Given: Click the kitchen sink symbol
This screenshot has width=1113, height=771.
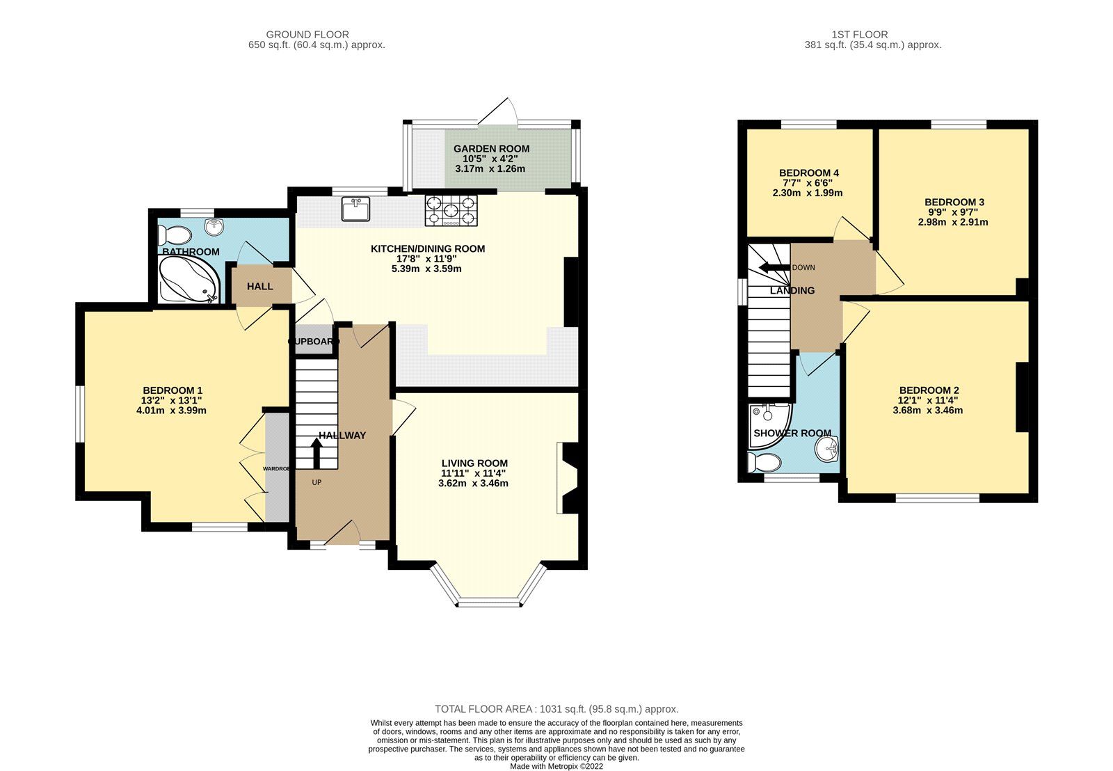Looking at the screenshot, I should click(x=356, y=209).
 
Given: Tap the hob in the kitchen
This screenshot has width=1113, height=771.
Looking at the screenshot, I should click(x=451, y=210).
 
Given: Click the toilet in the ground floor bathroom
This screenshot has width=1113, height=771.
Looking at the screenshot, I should click(x=175, y=233).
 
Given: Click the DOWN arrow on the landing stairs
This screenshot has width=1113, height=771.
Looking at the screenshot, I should click(x=773, y=268).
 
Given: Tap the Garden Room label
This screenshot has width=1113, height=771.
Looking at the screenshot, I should click(x=491, y=148).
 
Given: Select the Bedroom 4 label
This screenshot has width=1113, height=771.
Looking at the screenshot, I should click(x=808, y=173).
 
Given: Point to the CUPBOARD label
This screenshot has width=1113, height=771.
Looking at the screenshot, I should click(x=314, y=342).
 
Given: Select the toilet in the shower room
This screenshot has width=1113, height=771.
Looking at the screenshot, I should click(x=762, y=462).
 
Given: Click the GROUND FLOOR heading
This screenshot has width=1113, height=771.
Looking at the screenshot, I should click(x=307, y=34).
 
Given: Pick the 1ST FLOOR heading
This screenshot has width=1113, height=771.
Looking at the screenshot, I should click(x=860, y=34).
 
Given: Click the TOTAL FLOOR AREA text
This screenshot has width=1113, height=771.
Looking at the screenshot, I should click(x=556, y=709).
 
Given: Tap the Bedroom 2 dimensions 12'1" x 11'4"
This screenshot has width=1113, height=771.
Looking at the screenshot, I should click(x=929, y=400).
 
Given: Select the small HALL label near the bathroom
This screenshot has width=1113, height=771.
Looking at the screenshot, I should click(x=259, y=286).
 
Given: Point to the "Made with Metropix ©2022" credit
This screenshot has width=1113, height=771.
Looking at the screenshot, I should click(x=556, y=766).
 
